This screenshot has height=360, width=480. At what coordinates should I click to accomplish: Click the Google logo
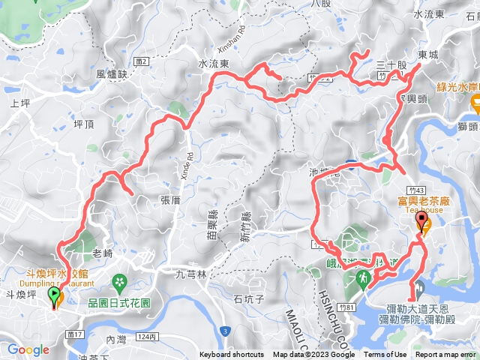[28, 349]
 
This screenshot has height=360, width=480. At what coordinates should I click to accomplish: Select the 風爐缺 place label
[112, 75]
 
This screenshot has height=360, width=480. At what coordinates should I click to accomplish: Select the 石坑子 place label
[249, 300]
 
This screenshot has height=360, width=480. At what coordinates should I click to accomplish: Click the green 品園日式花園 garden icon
[118, 281]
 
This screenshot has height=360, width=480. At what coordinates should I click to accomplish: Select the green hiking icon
[362, 278]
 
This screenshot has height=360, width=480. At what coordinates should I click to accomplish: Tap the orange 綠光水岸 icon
[475, 101]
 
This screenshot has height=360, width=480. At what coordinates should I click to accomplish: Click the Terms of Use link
[385, 355]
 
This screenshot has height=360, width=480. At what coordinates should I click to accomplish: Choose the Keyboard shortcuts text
[232, 355]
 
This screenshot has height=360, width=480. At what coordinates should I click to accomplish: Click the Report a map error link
[446, 355]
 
